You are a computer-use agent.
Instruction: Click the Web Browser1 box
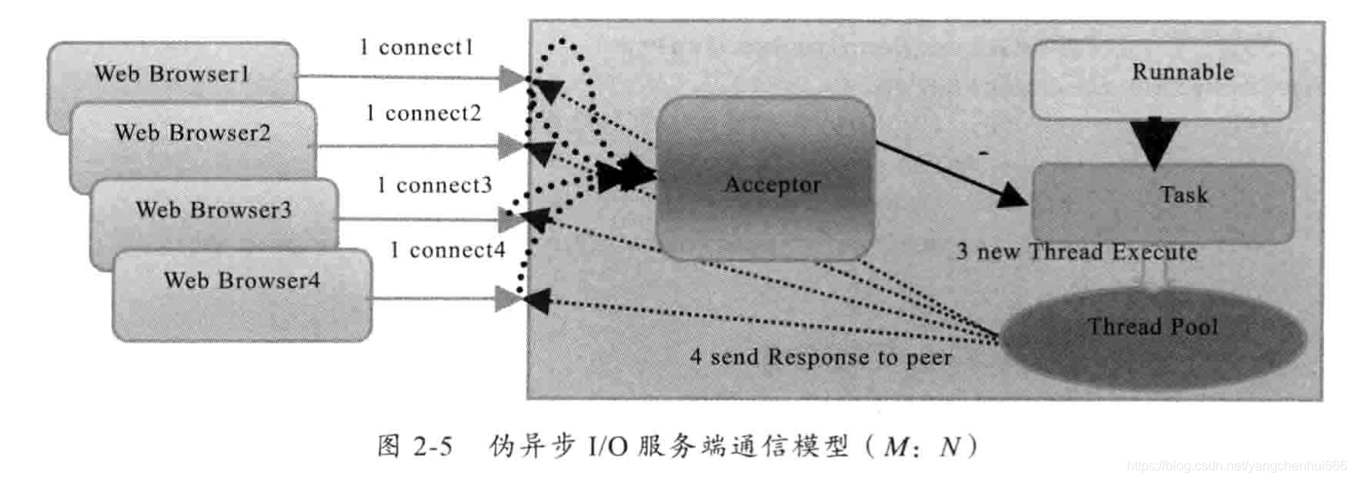(x=171, y=74)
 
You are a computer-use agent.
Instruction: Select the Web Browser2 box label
(x=192, y=133)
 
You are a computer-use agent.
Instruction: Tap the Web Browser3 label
(x=213, y=210)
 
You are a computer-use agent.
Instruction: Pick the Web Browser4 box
(x=241, y=294)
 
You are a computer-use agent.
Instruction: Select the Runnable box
(x=1161, y=79)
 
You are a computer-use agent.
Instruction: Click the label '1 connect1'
(x=416, y=48)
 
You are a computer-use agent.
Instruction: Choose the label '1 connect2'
(x=424, y=113)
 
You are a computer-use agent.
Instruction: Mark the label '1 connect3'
(x=434, y=185)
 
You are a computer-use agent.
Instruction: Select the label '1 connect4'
(x=447, y=250)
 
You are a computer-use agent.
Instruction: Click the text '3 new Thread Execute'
(x=1076, y=251)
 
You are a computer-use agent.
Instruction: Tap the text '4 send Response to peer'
(x=820, y=357)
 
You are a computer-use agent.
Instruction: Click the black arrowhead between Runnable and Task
(x=1154, y=143)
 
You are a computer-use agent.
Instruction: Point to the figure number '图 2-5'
(x=414, y=446)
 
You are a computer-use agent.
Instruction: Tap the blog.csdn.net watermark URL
(x=1236, y=466)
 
